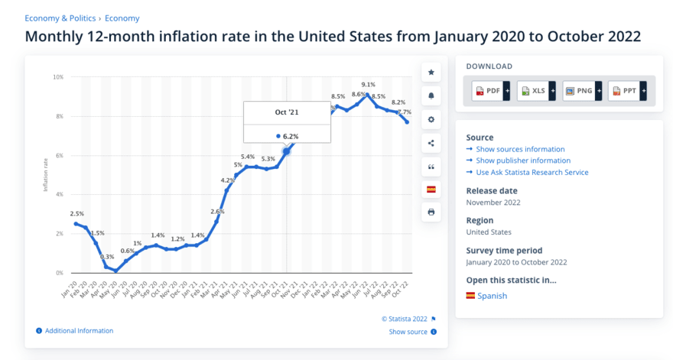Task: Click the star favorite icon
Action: point(431,73)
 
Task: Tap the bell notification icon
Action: point(431,96)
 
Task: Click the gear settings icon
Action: point(431,120)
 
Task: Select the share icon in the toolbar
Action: point(431,143)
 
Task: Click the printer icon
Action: point(431,212)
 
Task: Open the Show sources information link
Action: point(520,149)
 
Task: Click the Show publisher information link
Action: point(523,161)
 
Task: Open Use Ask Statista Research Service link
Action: point(532,172)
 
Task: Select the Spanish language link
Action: point(492,296)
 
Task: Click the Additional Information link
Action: point(79,331)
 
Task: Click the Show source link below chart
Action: point(408,332)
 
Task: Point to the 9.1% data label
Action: point(368,85)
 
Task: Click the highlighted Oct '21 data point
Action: point(287,151)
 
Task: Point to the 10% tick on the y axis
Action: point(58,77)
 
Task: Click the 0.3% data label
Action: point(107,257)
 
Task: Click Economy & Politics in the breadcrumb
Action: point(61,18)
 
